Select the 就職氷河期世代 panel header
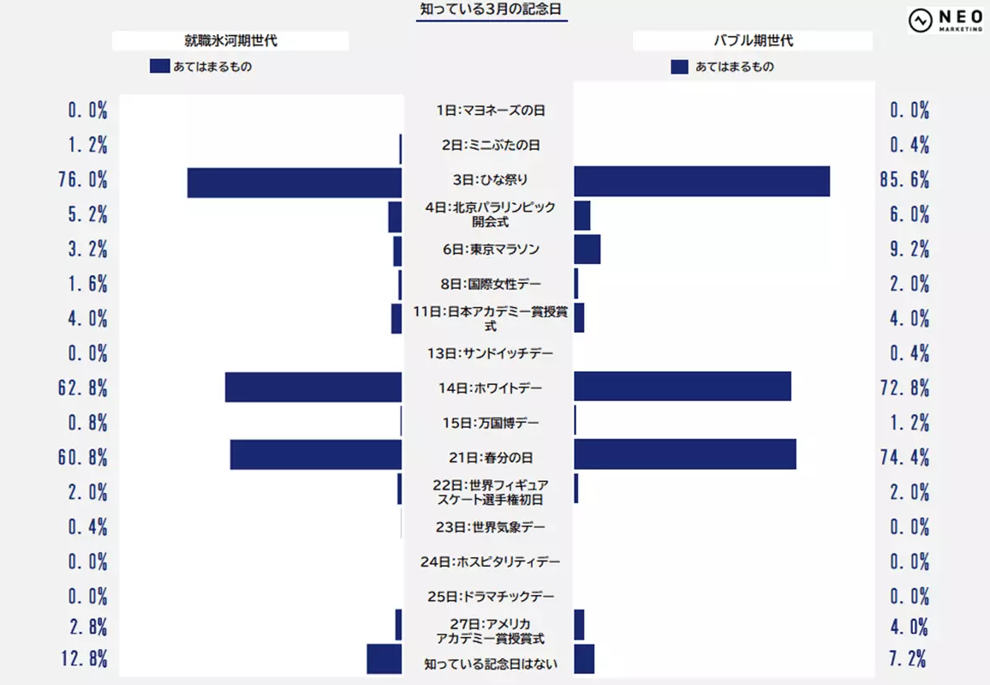point(230,40)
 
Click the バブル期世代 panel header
point(754,40)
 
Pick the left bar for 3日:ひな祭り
point(295,182)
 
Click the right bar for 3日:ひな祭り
point(701,181)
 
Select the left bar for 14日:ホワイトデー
point(313,387)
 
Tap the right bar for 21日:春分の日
point(685,454)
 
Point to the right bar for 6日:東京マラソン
point(587,249)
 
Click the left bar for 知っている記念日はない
point(385,658)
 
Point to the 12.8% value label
point(83,659)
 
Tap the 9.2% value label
point(909,250)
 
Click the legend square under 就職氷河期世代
point(159,66)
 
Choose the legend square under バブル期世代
point(679,66)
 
